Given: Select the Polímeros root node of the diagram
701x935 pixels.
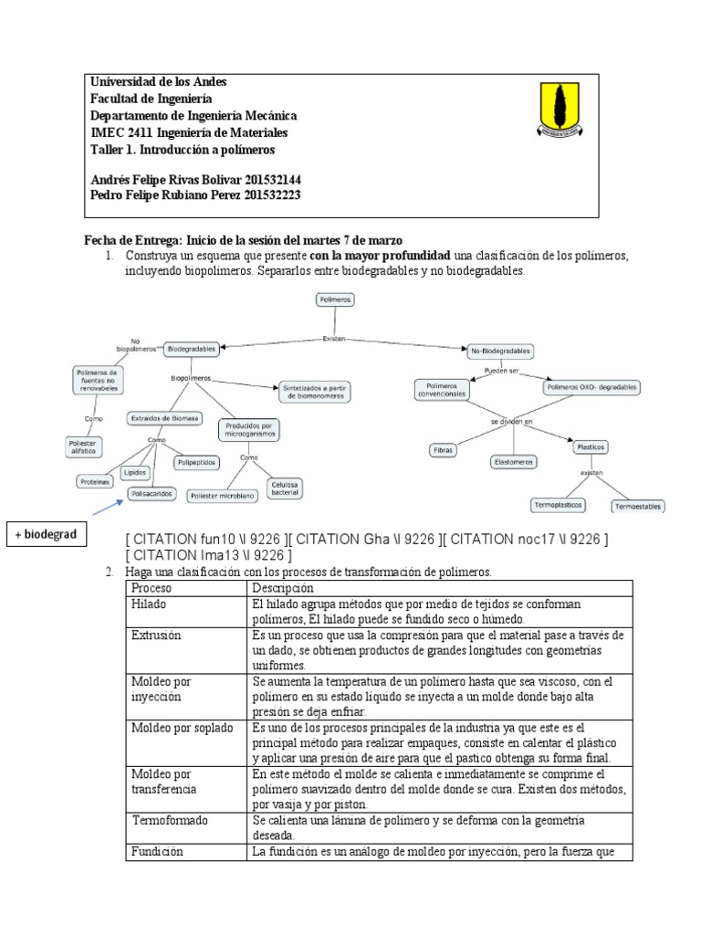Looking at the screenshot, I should (x=335, y=299).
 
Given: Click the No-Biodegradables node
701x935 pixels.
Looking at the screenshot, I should (x=500, y=351).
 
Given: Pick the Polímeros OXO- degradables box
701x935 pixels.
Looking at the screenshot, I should (x=592, y=387).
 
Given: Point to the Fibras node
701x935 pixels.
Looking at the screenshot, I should (x=444, y=450).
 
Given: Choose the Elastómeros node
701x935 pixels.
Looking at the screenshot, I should (x=513, y=462).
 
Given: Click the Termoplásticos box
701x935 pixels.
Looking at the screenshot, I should (x=558, y=504).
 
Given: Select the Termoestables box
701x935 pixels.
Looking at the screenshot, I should (x=638, y=506).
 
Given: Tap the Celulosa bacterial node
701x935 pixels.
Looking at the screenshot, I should (x=285, y=488).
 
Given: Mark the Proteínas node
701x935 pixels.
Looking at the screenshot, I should (x=94, y=481).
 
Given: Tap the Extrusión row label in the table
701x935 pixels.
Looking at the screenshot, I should (x=157, y=635).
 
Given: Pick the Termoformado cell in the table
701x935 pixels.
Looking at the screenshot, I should (x=171, y=821).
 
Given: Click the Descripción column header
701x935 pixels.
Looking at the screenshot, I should (x=283, y=588).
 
